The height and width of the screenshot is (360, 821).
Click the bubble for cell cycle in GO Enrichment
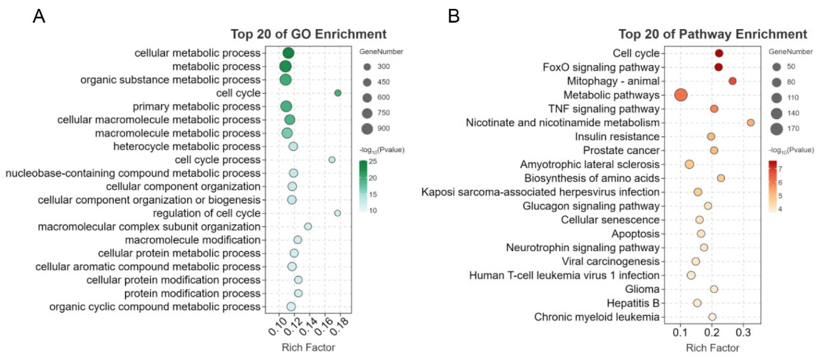pyautogui.click(x=338, y=93)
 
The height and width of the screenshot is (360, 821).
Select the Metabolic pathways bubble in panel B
pyautogui.click(x=681, y=95)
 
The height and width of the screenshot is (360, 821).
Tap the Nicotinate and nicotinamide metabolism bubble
pyautogui.click(x=751, y=123)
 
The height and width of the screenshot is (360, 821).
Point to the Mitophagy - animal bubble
pyautogui.click(x=732, y=81)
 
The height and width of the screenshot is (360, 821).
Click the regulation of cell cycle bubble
pyautogui.click(x=337, y=213)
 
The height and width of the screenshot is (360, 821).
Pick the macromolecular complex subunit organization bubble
pyautogui.click(x=308, y=226)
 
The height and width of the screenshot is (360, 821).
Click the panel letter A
pyautogui.click(x=39, y=16)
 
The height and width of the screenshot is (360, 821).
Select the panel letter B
pyautogui.click(x=454, y=16)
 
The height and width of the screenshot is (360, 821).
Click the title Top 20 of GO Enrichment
pyautogui.click(x=308, y=34)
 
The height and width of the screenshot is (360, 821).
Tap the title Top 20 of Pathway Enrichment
pyautogui.click(x=713, y=34)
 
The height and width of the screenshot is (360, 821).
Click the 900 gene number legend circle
pyautogui.click(x=367, y=128)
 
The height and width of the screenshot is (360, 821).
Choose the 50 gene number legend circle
pyautogui.click(x=776, y=67)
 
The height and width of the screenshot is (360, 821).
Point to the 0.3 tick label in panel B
pyautogui.click(x=743, y=333)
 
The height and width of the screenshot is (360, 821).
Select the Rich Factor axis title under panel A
pyautogui.click(x=308, y=347)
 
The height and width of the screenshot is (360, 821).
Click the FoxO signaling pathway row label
pyautogui.click(x=601, y=67)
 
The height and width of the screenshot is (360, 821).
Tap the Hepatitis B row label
pyautogui.click(x=633, y=303)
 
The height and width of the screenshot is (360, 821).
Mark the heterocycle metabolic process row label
pyautogui.click(x=187, y=146)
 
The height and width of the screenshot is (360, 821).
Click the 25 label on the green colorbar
pyautogui.click(x=373, y=161)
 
